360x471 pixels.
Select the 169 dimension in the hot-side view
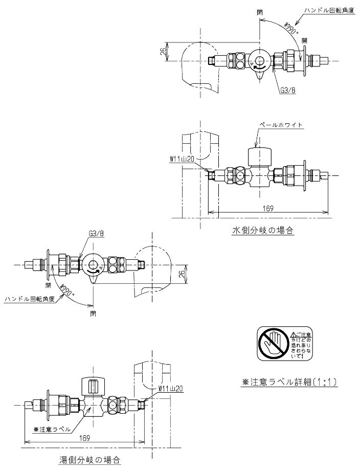pos(85,438)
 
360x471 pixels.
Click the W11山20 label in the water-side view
pos(182,159)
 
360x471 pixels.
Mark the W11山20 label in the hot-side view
pos(168,388)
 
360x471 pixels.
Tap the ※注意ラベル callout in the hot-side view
pos(52,429)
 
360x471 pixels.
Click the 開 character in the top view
pos(305,40)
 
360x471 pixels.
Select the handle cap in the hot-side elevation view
pos(94,384)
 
